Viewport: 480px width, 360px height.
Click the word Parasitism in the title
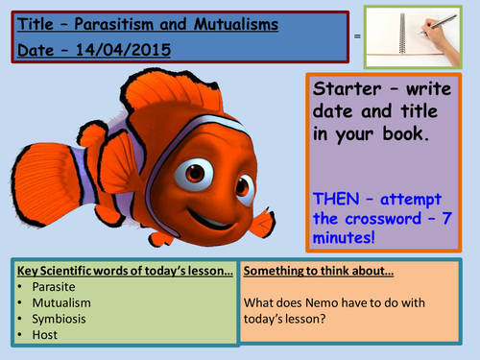pyautogui.click(x=114, y=19)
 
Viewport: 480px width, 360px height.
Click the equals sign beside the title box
pyautogui.click(x=358, y=36)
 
